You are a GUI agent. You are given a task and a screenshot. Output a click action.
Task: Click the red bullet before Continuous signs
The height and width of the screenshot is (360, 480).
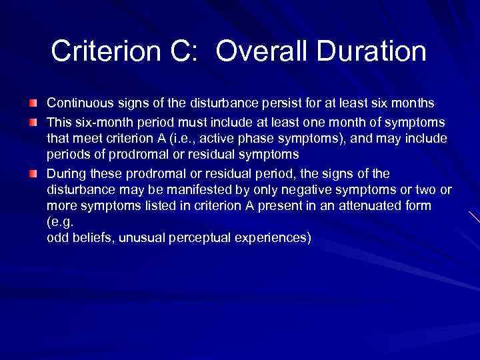[33, 103]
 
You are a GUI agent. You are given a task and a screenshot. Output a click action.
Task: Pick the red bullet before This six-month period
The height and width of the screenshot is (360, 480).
[33, 121]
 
